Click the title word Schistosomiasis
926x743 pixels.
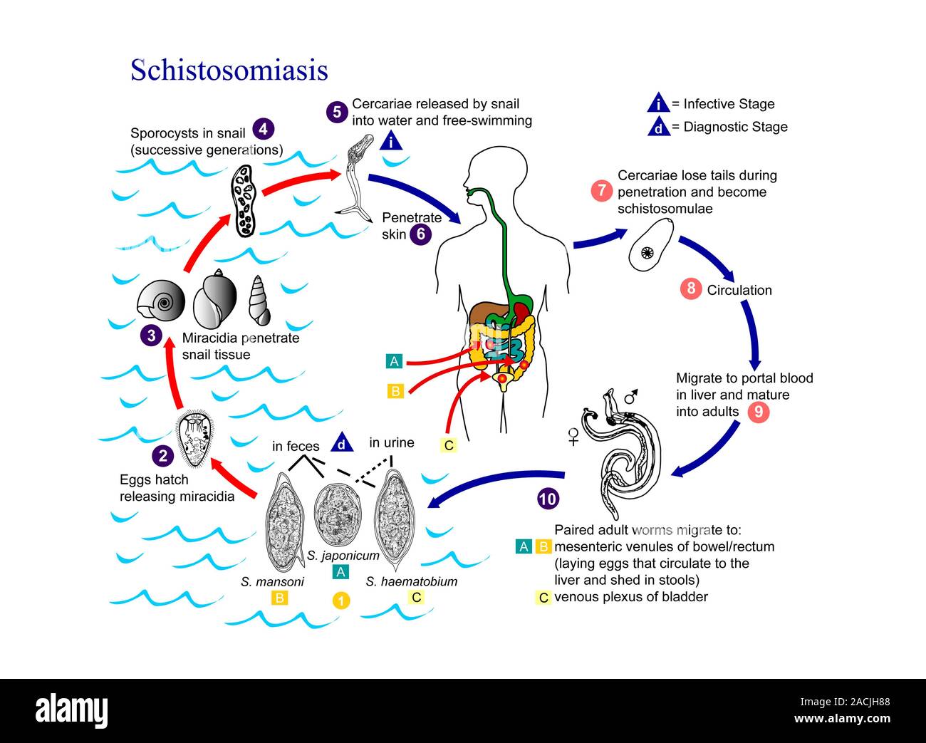point(229,70)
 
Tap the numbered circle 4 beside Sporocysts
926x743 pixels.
point(263,129)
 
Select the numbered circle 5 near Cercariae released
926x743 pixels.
point(337,112)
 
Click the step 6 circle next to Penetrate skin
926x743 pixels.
point(420,234)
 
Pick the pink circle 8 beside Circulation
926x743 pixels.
point(690,289)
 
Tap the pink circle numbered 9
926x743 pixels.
point(759,412)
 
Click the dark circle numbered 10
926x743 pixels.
point(547,499)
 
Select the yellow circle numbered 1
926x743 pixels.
point(341,600)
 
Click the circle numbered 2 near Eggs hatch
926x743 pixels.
point(163,456)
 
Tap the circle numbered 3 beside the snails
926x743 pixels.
point(151,335)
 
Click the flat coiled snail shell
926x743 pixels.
point(160,302)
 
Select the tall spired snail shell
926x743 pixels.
point(259,300)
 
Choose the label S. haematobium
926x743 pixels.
point(412,581)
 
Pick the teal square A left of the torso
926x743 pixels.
point(394,361)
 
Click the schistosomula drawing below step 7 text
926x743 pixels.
point(651,245)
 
